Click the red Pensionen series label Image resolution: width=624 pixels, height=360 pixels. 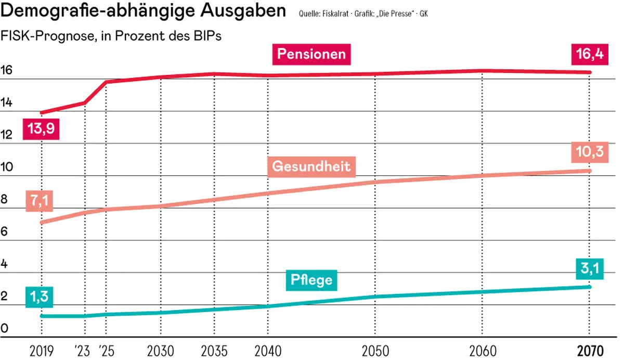click(x=311, y=54)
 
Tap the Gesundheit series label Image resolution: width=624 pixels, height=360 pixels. click(x=311, y=167)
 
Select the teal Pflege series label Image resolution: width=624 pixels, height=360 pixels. click(x=311, y=280)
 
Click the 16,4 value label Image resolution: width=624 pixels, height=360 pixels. click(x=589, y=54)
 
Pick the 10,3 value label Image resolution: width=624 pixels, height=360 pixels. click(x=589, y=151)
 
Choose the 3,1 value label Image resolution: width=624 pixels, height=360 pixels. click(x=589, y=269)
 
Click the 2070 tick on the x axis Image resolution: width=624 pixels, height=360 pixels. click(x=589, y=350)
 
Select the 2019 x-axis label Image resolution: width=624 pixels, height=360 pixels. click(x=41, y=350)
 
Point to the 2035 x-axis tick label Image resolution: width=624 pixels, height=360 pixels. click(x=213, y=350)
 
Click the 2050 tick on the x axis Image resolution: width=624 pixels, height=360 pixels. click(x=375, y=350)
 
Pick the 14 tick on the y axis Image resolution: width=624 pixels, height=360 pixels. click(x=7, y=102)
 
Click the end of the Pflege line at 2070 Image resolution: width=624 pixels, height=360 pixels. click(x=589, y=287)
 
